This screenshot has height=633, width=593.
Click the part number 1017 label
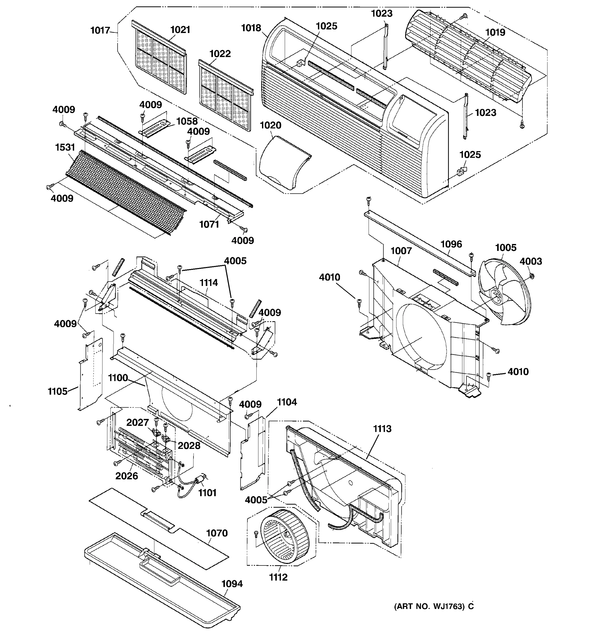[100, 31]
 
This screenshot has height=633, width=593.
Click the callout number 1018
[251, 28]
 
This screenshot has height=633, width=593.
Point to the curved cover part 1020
[281, 164]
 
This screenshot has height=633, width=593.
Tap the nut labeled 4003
[530, 275]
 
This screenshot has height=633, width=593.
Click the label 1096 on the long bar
[451, 244]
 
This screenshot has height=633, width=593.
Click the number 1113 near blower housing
[382, 429]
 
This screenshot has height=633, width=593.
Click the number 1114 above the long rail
[208, 282]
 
